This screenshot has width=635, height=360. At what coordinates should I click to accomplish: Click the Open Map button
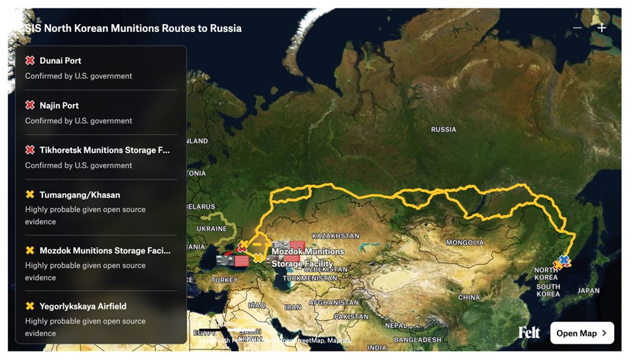click(x=582, y=333)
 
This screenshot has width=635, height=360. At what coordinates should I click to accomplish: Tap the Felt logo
click(x=529, y=333)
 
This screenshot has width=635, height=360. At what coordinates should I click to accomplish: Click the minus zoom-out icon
click(x=577, y=28)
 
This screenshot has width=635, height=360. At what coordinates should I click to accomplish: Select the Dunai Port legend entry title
click(x=61, y=61)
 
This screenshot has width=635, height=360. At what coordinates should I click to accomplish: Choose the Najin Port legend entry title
click(x=59, y=105)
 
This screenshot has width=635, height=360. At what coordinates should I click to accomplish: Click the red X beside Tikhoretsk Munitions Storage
click(x=30, y=150)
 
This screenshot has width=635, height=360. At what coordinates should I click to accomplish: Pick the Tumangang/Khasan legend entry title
click(x=79, y=195)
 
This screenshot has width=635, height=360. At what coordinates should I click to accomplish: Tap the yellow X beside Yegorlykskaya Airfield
click(x=30, y=306)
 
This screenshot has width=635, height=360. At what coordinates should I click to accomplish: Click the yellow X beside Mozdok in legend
click(x=30, y=251)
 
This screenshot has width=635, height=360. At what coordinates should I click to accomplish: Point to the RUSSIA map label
click(x=444, y=130)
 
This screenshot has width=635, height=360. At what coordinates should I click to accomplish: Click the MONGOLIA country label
click(x=464, y=243)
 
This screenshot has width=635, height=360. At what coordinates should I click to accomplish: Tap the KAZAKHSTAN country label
click(x=335, y=236)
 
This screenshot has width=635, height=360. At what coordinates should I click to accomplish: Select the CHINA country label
click(x=469, y=298)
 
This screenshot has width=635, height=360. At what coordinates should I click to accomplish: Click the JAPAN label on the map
click(x=588, y=291)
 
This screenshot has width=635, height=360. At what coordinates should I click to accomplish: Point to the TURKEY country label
click(x=225, y=280)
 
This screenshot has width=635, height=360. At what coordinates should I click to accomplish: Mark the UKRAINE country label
click(x=212, y=229)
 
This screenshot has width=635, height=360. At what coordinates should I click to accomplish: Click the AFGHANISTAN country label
click(x=334, y=303)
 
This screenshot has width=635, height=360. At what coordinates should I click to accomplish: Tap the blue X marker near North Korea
click(x=564, y=259)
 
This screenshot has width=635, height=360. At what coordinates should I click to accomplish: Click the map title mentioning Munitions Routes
click(x=134, y=29)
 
